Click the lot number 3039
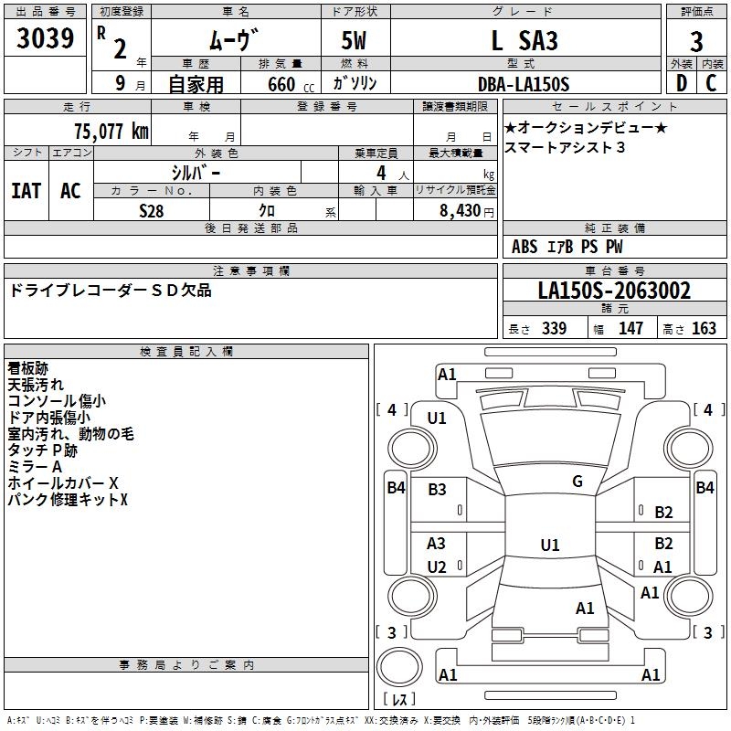click(46, 40)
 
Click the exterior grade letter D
click(681, 84)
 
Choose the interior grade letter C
click(712, 84)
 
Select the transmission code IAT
click(26, 190)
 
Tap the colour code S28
click(152, 210)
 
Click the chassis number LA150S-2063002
click(614, 291)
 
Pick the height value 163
click(704, 329)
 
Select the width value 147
click(630, 329)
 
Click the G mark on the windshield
click(577, 482)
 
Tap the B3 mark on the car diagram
click(437, 490)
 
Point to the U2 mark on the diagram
click(437, 567)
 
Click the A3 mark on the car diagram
click(437, 544)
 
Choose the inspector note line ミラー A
click(34, 466)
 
